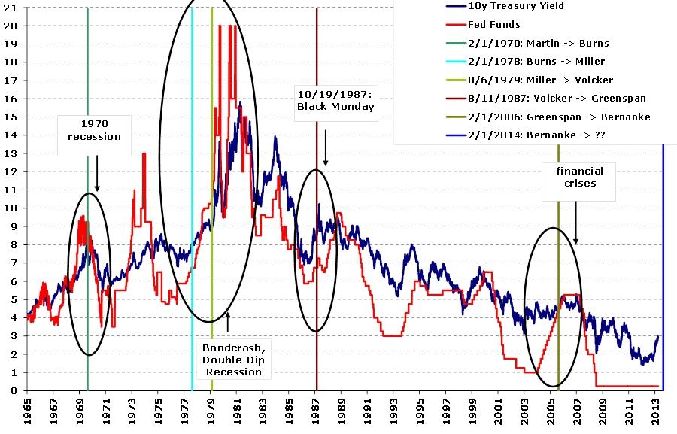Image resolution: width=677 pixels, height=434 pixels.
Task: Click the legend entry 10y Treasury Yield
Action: click(x=515, y=6)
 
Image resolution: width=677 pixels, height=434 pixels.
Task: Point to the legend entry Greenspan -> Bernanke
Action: click(x=548, y=117)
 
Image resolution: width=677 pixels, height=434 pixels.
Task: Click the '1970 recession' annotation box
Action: click(x=94, y=130)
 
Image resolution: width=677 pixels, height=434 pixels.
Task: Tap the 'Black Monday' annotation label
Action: click(x=334, y=100)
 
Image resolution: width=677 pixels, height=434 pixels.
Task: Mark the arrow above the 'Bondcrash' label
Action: click(x=227, y=322)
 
